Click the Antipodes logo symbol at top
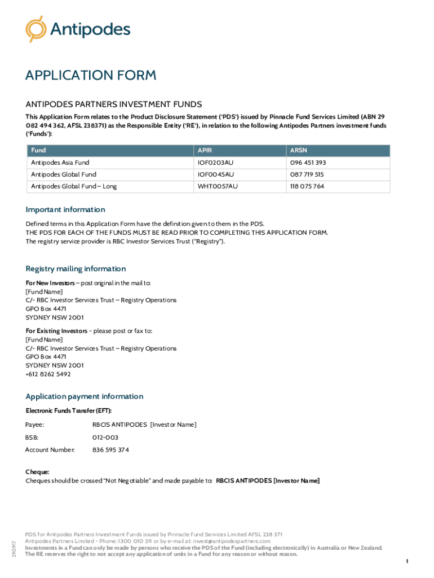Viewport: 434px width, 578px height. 36,29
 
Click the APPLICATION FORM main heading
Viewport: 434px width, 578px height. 91,76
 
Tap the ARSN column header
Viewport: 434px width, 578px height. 299,151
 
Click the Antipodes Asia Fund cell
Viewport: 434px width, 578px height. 60,163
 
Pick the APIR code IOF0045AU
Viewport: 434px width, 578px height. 215,174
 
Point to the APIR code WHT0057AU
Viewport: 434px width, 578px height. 217,186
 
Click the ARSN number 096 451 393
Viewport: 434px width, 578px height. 308,163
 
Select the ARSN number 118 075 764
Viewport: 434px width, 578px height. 307,186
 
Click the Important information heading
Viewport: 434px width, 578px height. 65,209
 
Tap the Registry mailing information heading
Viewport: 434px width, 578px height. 76,269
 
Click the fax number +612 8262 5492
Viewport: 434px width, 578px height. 48,374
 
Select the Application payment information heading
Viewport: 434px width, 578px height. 85,396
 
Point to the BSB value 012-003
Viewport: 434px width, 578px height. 105,437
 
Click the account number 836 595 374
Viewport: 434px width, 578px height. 110,450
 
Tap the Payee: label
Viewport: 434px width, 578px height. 35,424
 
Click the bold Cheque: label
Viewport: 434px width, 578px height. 37,471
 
